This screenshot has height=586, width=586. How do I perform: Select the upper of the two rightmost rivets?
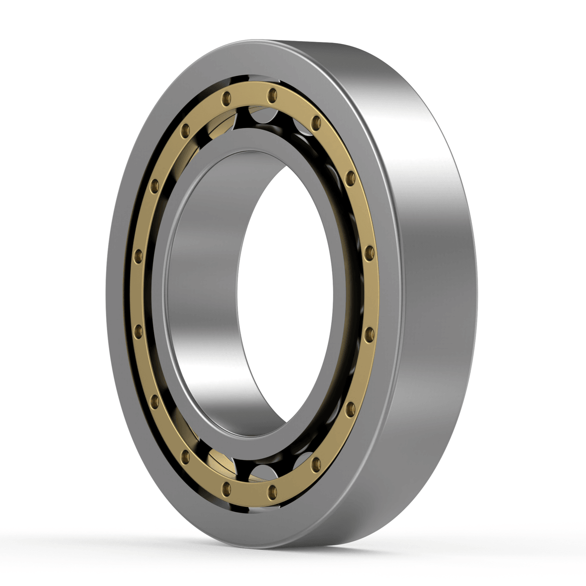point(369,252)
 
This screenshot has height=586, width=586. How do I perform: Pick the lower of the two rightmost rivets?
point(369,333)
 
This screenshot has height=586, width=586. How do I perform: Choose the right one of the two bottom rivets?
point(272,490)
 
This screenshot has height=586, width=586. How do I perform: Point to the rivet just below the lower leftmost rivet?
point(155,401)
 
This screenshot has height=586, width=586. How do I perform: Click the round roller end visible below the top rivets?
point(261,117)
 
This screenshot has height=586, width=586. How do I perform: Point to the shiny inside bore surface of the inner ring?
point(205,293)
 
